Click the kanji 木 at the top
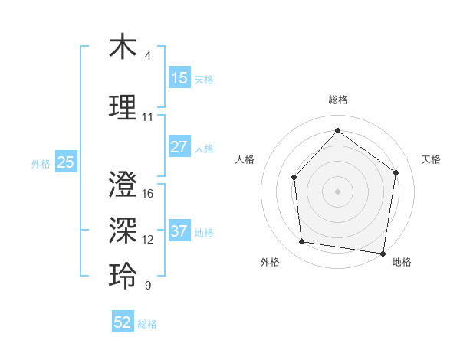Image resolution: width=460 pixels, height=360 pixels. click(123, 47)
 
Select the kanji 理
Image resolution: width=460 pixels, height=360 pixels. click(123, 106)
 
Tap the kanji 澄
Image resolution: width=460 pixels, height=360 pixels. click(123, 184)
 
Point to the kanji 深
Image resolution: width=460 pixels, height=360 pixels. click(123, 229)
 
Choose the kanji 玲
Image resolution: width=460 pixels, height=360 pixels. click(123, 275)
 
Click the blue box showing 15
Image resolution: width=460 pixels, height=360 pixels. click(179, 78)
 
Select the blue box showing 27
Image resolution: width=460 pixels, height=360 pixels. click(179, 147)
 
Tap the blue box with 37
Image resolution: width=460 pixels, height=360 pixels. click(179, 231)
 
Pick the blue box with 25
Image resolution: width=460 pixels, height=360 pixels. click(65, 162)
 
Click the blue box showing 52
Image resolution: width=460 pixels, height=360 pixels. click(123, 323)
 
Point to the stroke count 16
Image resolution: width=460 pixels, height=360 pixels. click(148, 194)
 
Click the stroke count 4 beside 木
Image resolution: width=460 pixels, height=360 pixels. click(148, 56)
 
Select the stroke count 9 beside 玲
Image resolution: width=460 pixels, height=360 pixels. click(148, 286)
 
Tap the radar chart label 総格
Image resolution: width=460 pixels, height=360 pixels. click(337, 100)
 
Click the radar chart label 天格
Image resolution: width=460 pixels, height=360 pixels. click(431, 159)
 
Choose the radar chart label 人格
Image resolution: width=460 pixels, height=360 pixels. click(245, 159)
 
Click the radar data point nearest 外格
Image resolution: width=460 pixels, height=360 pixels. click(302, 242)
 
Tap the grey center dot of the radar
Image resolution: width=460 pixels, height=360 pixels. click(337, 191)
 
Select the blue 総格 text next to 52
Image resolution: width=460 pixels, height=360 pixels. click(147, 324)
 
